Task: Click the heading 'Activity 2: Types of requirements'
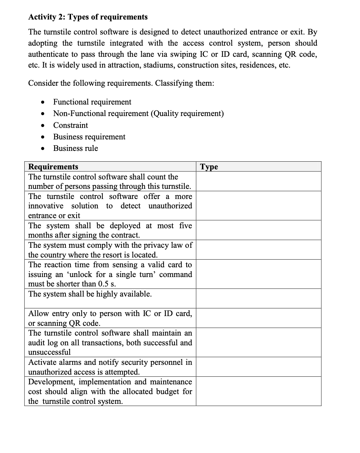point(88,17)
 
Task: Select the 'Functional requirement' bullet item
point(92,102)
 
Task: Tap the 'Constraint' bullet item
point(70,125)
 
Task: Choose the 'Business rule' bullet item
point(76,148)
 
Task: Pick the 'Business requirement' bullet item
point(89,137)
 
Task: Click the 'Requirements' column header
point(53,167)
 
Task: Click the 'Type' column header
point(209,167)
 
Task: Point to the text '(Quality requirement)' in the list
point(187,113)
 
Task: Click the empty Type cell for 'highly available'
point(258,298)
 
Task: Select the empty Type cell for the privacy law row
point(258,249)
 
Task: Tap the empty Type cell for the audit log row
point(258,342)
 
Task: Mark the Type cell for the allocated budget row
point(258,391)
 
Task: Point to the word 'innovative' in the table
point(46,206)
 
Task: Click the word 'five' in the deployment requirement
point(185,225)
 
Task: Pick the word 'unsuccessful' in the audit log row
point(49,352)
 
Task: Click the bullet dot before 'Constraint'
point(42,125)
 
